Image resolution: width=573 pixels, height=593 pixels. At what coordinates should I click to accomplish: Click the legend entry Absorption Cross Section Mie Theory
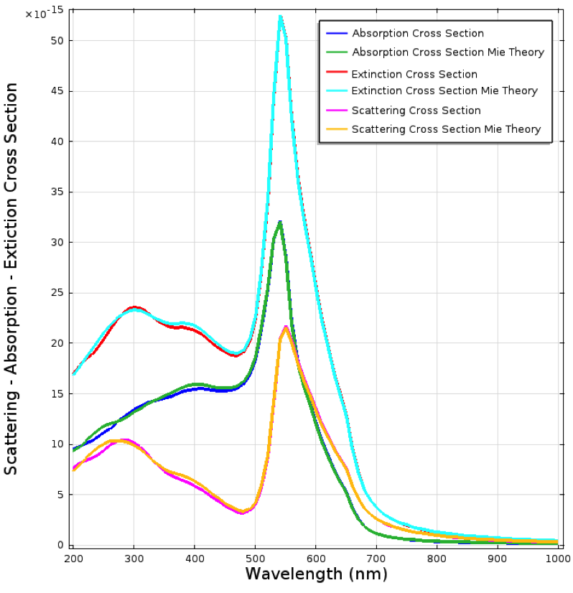(448, 52)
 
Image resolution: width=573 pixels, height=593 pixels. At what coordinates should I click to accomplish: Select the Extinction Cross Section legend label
(414, 74)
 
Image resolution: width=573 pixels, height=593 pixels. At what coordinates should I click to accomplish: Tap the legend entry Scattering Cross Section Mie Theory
(446, 130)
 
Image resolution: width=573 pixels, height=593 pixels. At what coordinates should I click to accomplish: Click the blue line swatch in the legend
(336, 34)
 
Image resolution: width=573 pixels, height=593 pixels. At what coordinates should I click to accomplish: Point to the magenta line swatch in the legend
(336, 111)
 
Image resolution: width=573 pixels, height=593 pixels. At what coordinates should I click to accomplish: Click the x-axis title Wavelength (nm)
(316, 574)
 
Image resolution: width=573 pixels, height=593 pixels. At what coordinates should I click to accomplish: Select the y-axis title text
(11, 278)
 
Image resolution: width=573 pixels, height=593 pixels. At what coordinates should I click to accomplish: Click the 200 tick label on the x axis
(73, 558)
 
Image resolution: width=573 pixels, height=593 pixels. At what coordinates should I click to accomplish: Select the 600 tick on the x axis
(315, 558)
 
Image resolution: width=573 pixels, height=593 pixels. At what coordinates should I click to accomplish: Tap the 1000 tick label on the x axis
(556, 558)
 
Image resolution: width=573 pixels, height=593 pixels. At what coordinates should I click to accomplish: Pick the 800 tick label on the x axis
(437, 558)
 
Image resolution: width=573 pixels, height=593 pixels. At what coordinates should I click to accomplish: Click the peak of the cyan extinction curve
(280, 17)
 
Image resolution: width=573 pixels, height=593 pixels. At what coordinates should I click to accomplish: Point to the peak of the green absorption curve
(279, 222)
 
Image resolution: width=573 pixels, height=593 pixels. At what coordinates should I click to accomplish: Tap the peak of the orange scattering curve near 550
(285, 327)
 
